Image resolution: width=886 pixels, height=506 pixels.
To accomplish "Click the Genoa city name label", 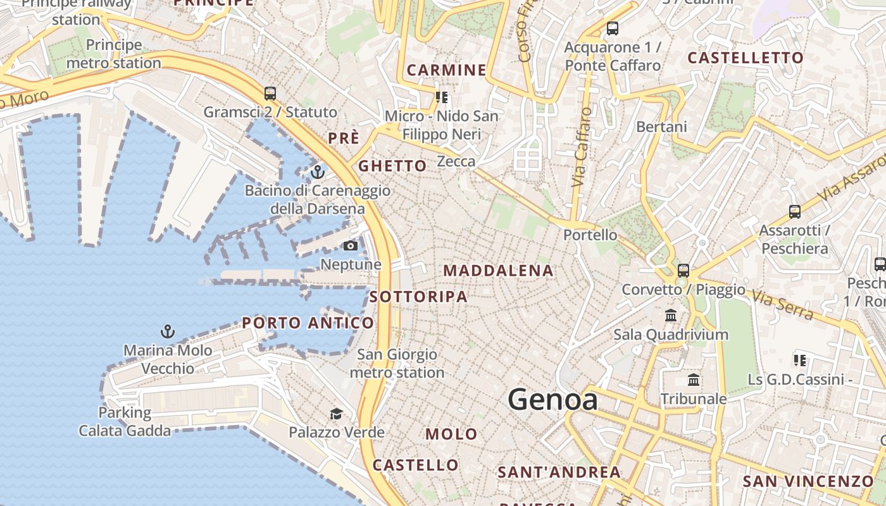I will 552,400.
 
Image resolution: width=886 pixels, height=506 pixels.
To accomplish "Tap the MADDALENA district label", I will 498,271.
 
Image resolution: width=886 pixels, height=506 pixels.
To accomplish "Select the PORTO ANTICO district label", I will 308,323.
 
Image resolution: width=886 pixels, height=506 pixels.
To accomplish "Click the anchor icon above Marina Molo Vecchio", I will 167,331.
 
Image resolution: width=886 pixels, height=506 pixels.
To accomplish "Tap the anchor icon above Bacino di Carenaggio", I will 318,171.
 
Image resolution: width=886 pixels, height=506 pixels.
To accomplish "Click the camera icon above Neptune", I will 351,245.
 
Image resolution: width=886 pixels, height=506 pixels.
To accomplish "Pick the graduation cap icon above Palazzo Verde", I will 336,414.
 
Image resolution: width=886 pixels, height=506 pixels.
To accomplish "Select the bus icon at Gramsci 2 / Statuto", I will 270,94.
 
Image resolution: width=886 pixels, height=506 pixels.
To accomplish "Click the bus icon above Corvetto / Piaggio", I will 683,270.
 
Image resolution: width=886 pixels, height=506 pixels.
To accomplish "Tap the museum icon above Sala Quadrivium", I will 671,315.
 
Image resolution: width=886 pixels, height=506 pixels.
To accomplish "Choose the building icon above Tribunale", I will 694,380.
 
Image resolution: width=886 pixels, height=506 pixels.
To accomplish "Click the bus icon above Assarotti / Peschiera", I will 795,212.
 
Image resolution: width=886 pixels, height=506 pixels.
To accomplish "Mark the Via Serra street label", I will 781,305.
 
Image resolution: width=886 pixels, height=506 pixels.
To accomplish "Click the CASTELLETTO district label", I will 746,58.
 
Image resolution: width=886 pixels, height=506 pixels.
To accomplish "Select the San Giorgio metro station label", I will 397,363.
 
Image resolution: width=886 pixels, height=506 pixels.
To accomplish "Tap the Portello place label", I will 590,235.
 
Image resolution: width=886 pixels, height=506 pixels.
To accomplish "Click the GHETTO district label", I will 392,166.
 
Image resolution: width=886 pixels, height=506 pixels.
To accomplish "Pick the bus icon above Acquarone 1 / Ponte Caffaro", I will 613,28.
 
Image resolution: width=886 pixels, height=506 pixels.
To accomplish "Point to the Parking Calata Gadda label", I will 125,422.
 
